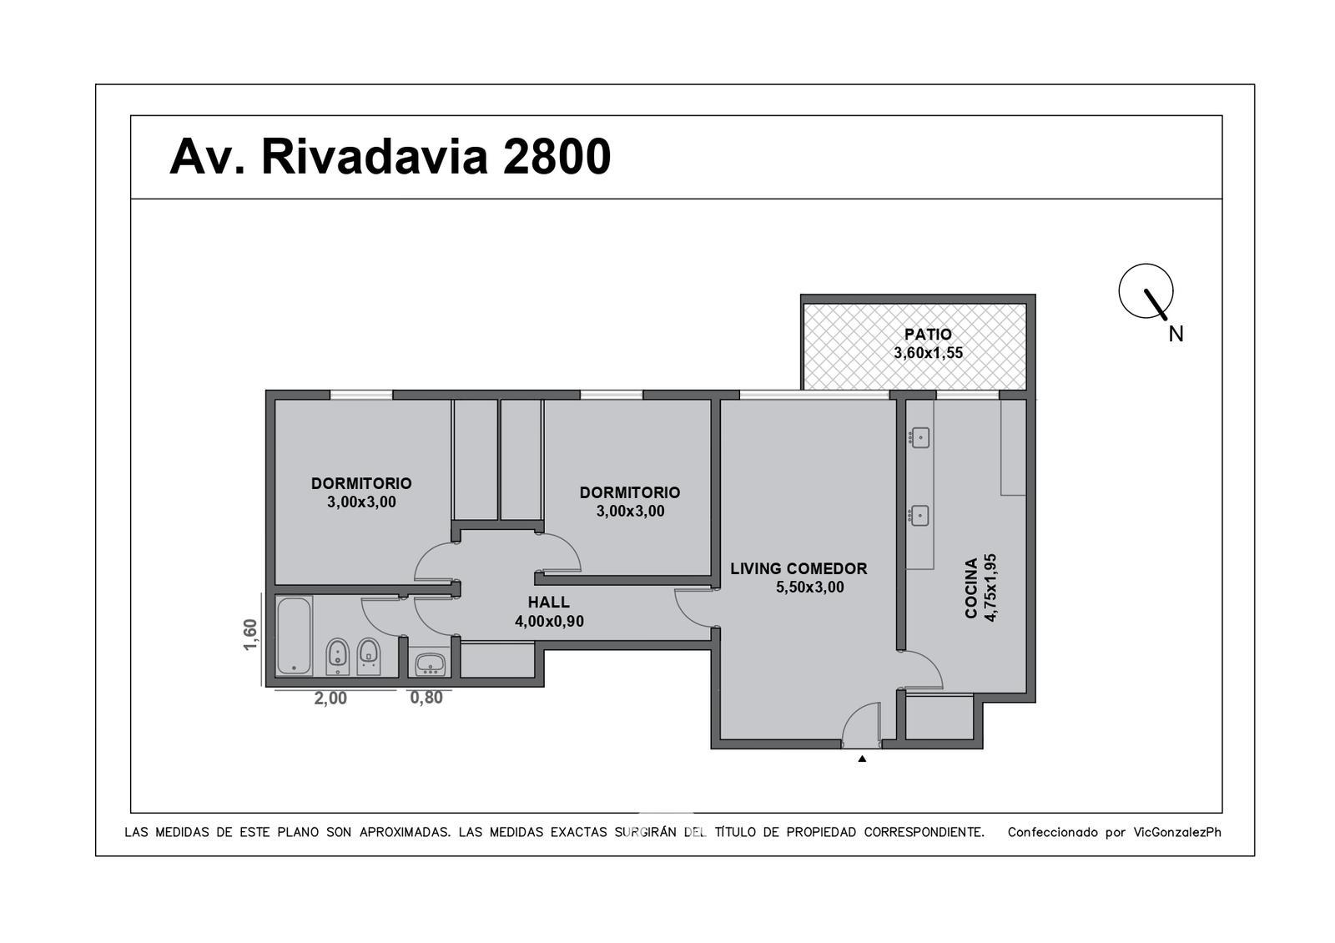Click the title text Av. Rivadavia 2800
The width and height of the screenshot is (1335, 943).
(x=390, y=157)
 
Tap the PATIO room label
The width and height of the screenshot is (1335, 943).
(x=928, y=335)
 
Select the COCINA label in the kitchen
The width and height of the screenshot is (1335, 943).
(x=971, y=588)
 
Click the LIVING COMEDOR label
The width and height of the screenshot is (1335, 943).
(x=798, y=568)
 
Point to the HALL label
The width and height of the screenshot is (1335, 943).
(x=548, y=602)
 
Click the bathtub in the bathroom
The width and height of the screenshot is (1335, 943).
(x=295, y=635)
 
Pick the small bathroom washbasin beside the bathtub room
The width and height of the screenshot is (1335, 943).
(x=430, y=664)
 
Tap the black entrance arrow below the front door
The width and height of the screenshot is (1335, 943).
(x=862, y=759)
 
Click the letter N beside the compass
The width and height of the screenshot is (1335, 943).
(x=1176, y=335)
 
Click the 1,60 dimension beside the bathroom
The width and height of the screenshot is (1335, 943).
(x=250, y=635)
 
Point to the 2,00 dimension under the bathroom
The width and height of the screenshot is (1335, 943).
(x=330, y=698)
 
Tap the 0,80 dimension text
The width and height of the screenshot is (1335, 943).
(x=426, y=698)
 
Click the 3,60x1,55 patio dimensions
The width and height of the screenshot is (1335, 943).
(x=928, y=353)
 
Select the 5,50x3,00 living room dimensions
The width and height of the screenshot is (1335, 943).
(x=810, y=587)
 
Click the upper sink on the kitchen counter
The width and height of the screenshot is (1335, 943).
(x=920, y=437)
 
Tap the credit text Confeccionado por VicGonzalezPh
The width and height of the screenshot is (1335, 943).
(x=1115, y=832)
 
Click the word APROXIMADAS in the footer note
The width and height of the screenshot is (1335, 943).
(x=405, y=832)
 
